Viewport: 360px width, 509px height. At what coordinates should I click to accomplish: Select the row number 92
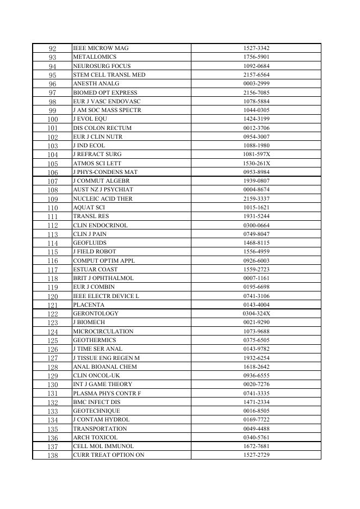[52, 48]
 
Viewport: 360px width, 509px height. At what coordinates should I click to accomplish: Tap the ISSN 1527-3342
[256, 48]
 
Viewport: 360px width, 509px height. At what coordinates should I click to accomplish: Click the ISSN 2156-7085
[256, 92]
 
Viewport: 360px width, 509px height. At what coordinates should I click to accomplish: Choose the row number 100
[52, 119]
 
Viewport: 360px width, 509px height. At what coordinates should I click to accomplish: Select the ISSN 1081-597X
[256, 154]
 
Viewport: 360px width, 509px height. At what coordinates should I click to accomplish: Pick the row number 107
[52, 181]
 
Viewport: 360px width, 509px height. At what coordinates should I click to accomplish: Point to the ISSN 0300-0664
[256, 225]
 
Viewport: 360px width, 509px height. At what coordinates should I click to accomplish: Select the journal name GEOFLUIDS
[90, 243]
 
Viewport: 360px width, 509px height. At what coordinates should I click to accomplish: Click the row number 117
[52, 269]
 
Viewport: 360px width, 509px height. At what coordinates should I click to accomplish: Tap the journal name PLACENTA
[89, 305]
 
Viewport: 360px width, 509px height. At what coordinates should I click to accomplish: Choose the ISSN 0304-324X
[256, 314]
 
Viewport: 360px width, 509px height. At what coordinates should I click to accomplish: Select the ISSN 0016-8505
[256, 411]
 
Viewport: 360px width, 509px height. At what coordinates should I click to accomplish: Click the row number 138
[52, 455]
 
